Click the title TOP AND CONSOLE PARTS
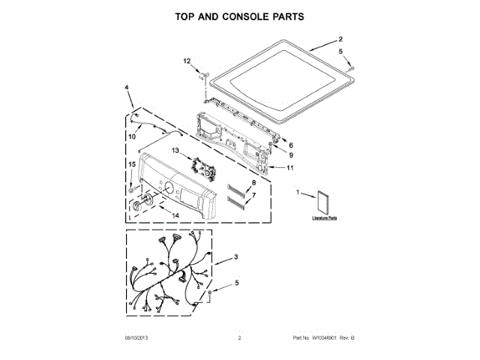[240, 16]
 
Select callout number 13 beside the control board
[176, 151]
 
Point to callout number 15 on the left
[131, 163]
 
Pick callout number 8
[253, 183]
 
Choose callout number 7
[253, 195]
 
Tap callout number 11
[290, 169]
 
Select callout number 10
[131, 136]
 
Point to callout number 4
[127, 88]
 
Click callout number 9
[290, 154]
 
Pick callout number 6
[290, 145]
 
